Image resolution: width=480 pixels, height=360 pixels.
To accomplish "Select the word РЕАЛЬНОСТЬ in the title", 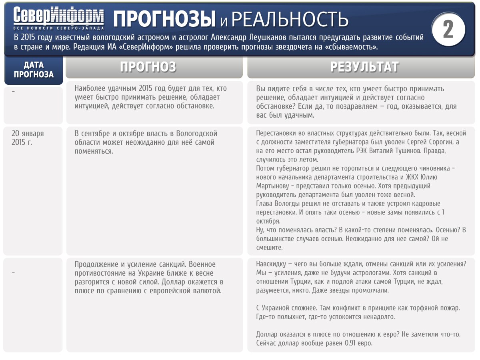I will pyautogui.click(x=290, y=19).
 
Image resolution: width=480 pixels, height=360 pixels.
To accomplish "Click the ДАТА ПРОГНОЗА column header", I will pyautogui.click(x=34, y=70).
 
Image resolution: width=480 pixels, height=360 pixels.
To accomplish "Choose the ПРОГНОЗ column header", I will pyautogui.click(x=154, y=67).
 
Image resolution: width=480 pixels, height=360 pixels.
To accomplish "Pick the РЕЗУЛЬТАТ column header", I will pyautogui.click(x=364, y=67).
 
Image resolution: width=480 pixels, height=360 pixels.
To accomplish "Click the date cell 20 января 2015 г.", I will pyautogui.click(x=28, y=138).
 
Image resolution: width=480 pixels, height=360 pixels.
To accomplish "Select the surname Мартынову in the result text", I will pyautogui.click(x=273, y=186).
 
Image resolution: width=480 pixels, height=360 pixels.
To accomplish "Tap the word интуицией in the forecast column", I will pyautogui.click(x=92, y=106).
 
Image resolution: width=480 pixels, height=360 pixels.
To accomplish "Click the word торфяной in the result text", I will pyautogui.click(x=416, y=308).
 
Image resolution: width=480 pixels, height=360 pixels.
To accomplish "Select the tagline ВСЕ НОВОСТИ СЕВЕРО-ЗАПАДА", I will pyautogui.click(x=58, y=28).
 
